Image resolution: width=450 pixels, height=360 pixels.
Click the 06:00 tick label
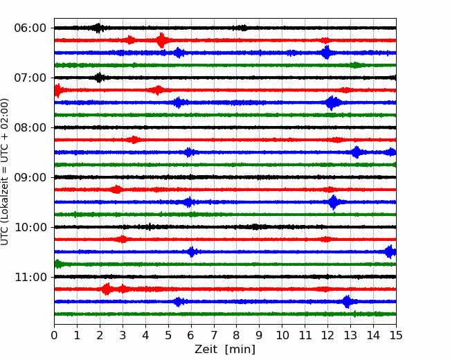tap(30, 28)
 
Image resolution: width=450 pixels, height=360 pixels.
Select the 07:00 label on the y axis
tap(30, 78)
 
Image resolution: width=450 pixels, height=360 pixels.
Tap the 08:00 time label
tap(30, 128)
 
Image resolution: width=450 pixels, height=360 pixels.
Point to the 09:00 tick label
tap(30, 177)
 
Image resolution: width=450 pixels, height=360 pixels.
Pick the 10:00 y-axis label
tap(30, 227)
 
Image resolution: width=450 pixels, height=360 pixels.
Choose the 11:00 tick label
tap(30, 278)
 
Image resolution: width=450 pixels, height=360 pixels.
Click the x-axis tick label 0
tap(54, 335)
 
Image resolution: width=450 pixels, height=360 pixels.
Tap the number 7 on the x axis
tap(214, 335)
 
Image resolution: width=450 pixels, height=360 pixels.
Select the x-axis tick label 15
tap(396, 335)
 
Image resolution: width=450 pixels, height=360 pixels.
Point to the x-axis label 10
tap(282, 335)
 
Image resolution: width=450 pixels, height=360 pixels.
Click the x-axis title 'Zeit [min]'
tap(225, 350)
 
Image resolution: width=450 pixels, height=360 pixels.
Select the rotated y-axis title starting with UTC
tap(5, 172)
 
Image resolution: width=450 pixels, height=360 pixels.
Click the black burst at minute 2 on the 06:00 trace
tap(98, 28)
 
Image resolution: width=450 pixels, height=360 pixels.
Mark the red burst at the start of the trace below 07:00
tap(58, 91)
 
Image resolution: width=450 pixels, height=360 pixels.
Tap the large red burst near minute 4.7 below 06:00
tap(161, 40)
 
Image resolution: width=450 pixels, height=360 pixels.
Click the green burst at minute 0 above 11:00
tap(58, 264)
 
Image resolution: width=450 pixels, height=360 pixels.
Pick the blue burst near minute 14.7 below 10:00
tap(390, 252)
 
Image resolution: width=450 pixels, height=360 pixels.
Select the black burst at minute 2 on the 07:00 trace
tap(99, 78)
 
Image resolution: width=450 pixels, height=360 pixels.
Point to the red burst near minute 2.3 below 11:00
tap(107, 289)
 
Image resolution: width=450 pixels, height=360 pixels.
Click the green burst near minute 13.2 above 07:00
tap(356, 65)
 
